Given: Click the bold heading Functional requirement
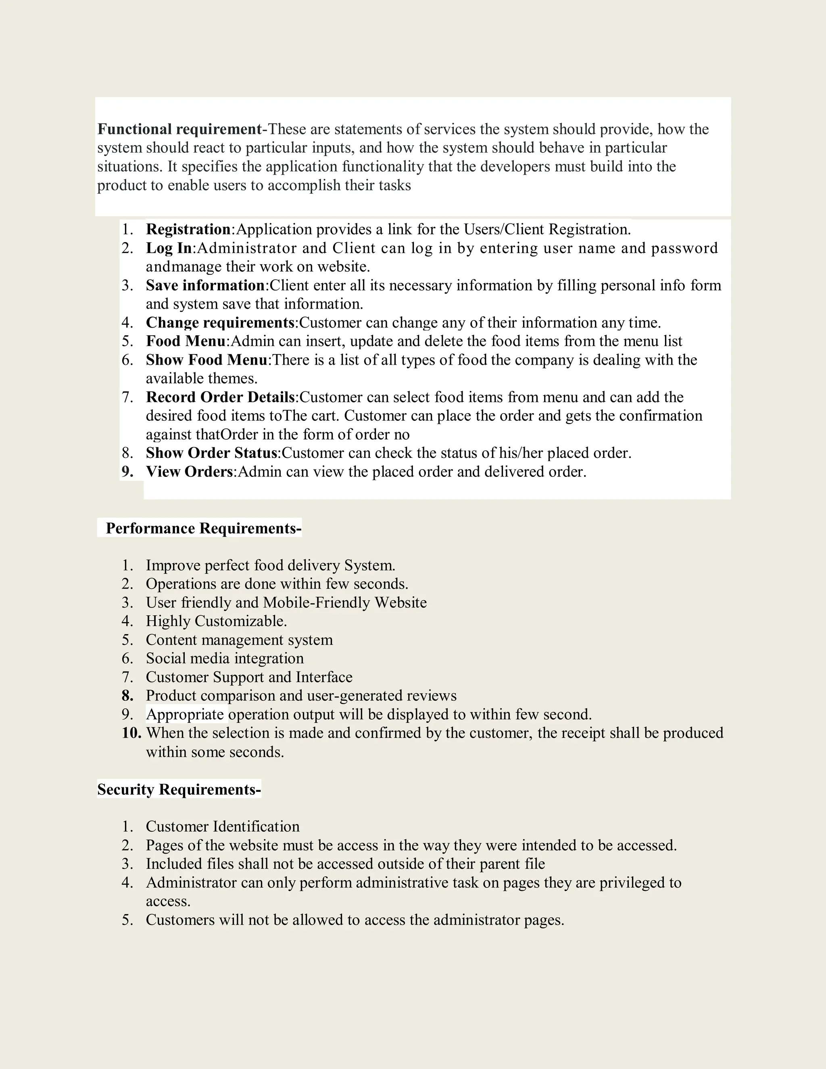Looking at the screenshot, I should pyautogui.click(x=179, y=129).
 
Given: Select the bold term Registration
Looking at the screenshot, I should pyautogui.click(x=188, y=229).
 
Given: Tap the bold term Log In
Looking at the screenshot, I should pyautogui.click(x=169, y=248).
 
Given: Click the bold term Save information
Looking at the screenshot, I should pyautogui.click(x=205, y=285).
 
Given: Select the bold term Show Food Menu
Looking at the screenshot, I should pyautogui.click(x=206, y=360).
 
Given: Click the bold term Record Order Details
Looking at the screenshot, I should pyautogui.click(x=220, y=397).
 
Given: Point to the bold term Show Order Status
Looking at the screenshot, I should pyautogui.click(x=211, y=453).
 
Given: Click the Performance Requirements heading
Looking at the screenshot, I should pyautogui.click(x=203, y=528).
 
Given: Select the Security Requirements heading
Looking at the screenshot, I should pyautogui.click(x=179, y=789).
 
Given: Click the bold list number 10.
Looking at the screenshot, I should pyautogui.click(x=131, y=733).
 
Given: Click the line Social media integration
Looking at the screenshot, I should pyautogui.click(x=225, y=658).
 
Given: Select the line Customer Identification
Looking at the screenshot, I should pyautogui.click(x=223, y=827).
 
